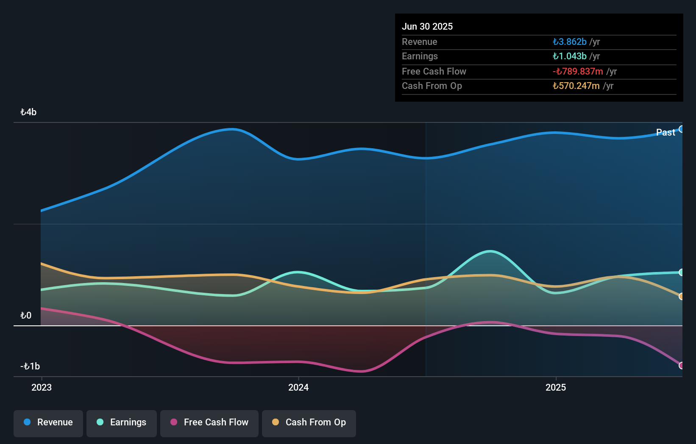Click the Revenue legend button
click(48, 422)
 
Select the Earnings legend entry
click(122, 422)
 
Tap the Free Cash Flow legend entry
click(209, 422)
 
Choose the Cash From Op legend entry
click(309, 422)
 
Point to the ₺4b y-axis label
click(28, 112)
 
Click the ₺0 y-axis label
click(26, 316)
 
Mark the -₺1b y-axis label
click(30, 366)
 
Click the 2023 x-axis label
click(42, 388)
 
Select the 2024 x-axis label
click(298, 388)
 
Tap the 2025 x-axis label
click(556, 388)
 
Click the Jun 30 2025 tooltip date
click(427, 27)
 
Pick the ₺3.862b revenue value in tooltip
click(569, 42)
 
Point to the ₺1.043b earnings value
click(569, 56)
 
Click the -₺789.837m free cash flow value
click(578, 72)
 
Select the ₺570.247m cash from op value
click(576, 86)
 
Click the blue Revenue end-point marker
click(681, 129)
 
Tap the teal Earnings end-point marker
click(681, 272)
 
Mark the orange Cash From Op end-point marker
click(681, 297)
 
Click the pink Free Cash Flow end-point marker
click(681, 365)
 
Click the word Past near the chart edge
click(665, 133)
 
